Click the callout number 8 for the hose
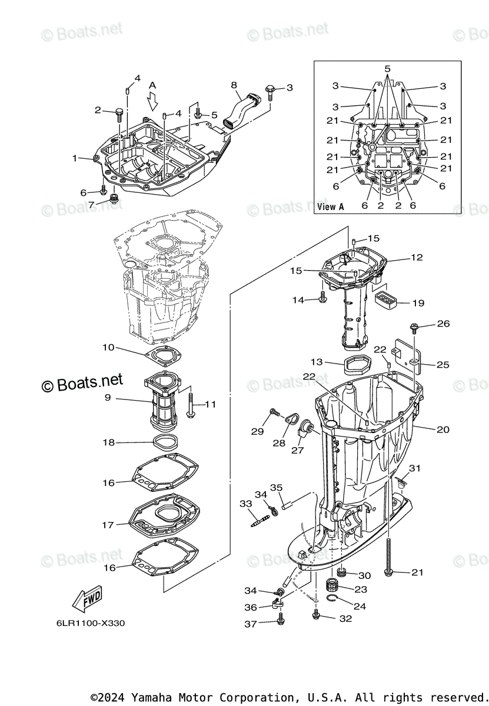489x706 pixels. tap(234, 85)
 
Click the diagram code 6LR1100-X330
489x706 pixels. tap(91, 623)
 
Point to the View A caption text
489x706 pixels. tap(330, 207)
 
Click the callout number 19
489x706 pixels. tap(418, 304)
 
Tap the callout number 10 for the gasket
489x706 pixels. tap(108, 348)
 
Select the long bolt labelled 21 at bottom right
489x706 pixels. tap(390, 553)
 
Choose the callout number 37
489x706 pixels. tap(251, 624)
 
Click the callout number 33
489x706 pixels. tap(245, 504)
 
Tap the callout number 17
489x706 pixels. tap(108, 525)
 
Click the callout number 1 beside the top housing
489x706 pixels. tap(75, 158)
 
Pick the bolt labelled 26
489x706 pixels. tap(414, 325)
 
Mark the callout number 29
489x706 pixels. tap(257, 431)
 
